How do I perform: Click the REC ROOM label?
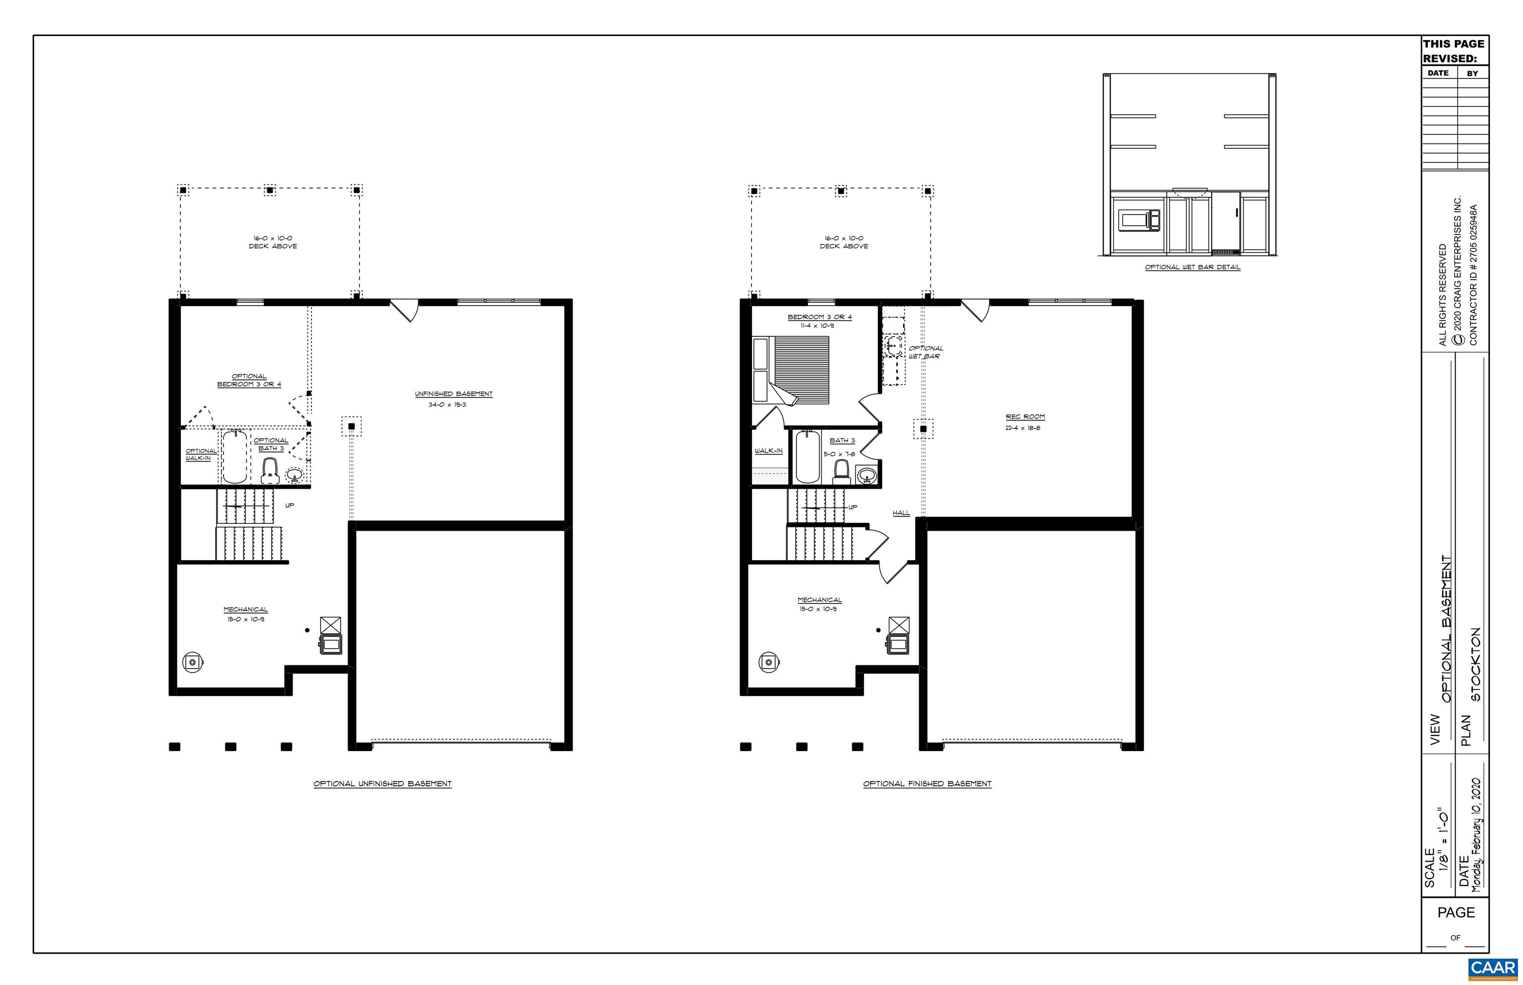1025,416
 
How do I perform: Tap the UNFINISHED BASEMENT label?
454,394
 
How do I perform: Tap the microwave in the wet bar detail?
1139,220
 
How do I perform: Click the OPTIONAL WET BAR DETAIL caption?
1192,267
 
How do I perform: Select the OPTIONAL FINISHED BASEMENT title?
927,784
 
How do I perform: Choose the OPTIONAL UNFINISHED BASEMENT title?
383,784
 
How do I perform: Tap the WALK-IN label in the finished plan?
768,451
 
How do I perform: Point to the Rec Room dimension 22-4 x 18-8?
1022,428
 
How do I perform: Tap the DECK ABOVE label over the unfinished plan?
273,246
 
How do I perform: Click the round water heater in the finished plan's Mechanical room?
767,662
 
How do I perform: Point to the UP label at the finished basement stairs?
853,507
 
